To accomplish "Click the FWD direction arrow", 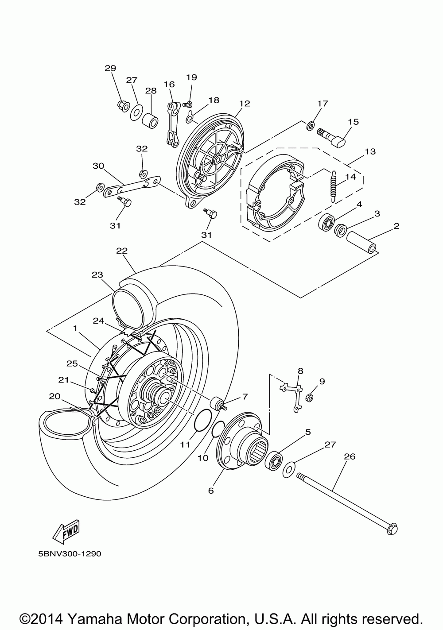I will coord(66,530).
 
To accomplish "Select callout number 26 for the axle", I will coord(350,456).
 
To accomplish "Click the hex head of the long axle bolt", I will coord(392,528).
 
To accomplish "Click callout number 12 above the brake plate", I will coord(245,104).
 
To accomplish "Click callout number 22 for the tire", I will coord(122,251).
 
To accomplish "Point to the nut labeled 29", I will coord(122,105).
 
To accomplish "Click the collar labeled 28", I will coord(151,119).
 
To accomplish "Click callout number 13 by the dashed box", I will coord(370,151).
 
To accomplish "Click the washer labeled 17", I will coord(310,126).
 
